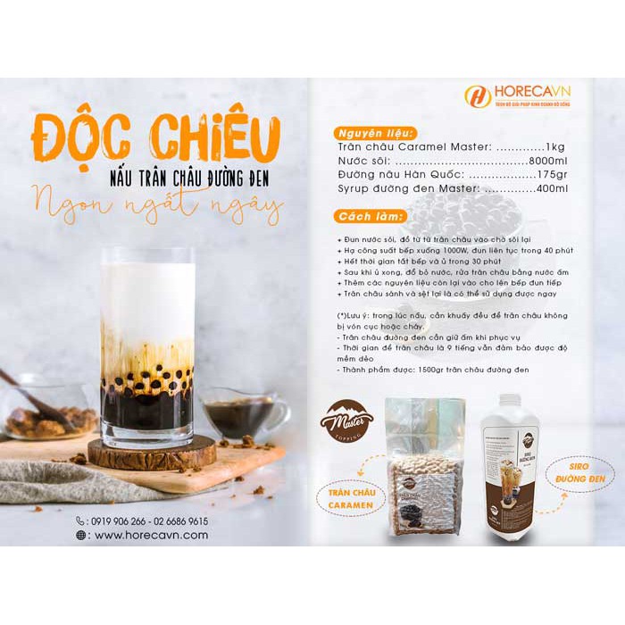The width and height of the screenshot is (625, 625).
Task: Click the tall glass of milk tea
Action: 146,348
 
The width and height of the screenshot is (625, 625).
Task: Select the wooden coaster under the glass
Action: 152,453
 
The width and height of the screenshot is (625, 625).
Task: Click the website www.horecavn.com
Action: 151,536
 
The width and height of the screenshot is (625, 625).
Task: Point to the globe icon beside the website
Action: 81,536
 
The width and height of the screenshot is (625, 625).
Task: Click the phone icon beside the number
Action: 81,521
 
